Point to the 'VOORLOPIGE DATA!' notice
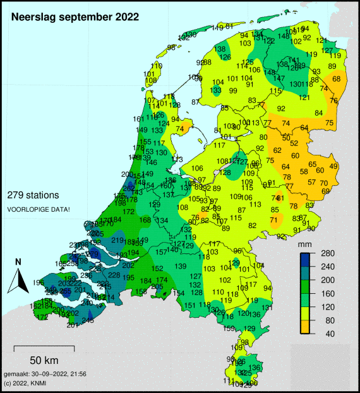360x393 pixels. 38,209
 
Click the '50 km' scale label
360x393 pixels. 44,361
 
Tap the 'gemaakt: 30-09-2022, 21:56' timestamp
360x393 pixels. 45,375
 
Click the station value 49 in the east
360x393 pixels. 334,166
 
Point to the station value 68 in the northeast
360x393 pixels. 337,79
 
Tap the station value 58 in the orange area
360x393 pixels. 304,171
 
